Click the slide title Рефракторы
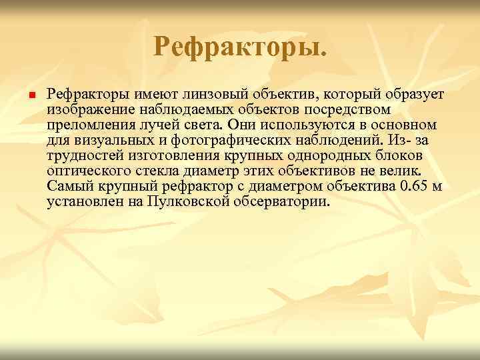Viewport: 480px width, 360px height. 240,47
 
